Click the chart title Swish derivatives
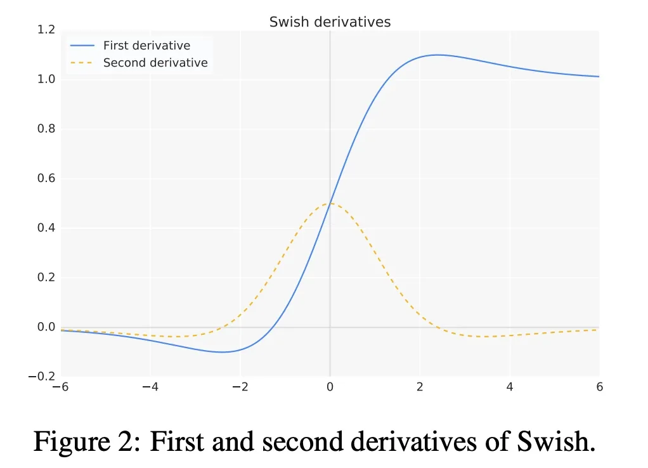click(x=330, y=22)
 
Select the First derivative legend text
click(x=146, y=46)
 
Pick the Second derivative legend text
click(x=155, y=63)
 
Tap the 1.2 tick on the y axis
click(x=46, y=30)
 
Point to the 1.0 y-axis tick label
click(x=46, y=79)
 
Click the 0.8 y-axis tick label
click(x=46, y=129)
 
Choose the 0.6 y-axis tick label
click(x=46, y=178)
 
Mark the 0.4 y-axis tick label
click(x=46, y=228)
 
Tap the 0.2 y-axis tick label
click(x=46, y=277)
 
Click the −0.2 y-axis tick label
click(x=42, y=377)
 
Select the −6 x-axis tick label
click(x=60, y=387)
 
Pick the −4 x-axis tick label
click(x=150, y=387)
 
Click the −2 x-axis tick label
click(x=240, y=387)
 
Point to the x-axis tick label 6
click(x=599, y=387)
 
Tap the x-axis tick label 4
click(x=509, y=387)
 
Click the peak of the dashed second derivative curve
click(x=330, y=204)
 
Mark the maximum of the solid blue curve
click(x=437, y=55)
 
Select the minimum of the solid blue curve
click(x=222, y=352)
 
